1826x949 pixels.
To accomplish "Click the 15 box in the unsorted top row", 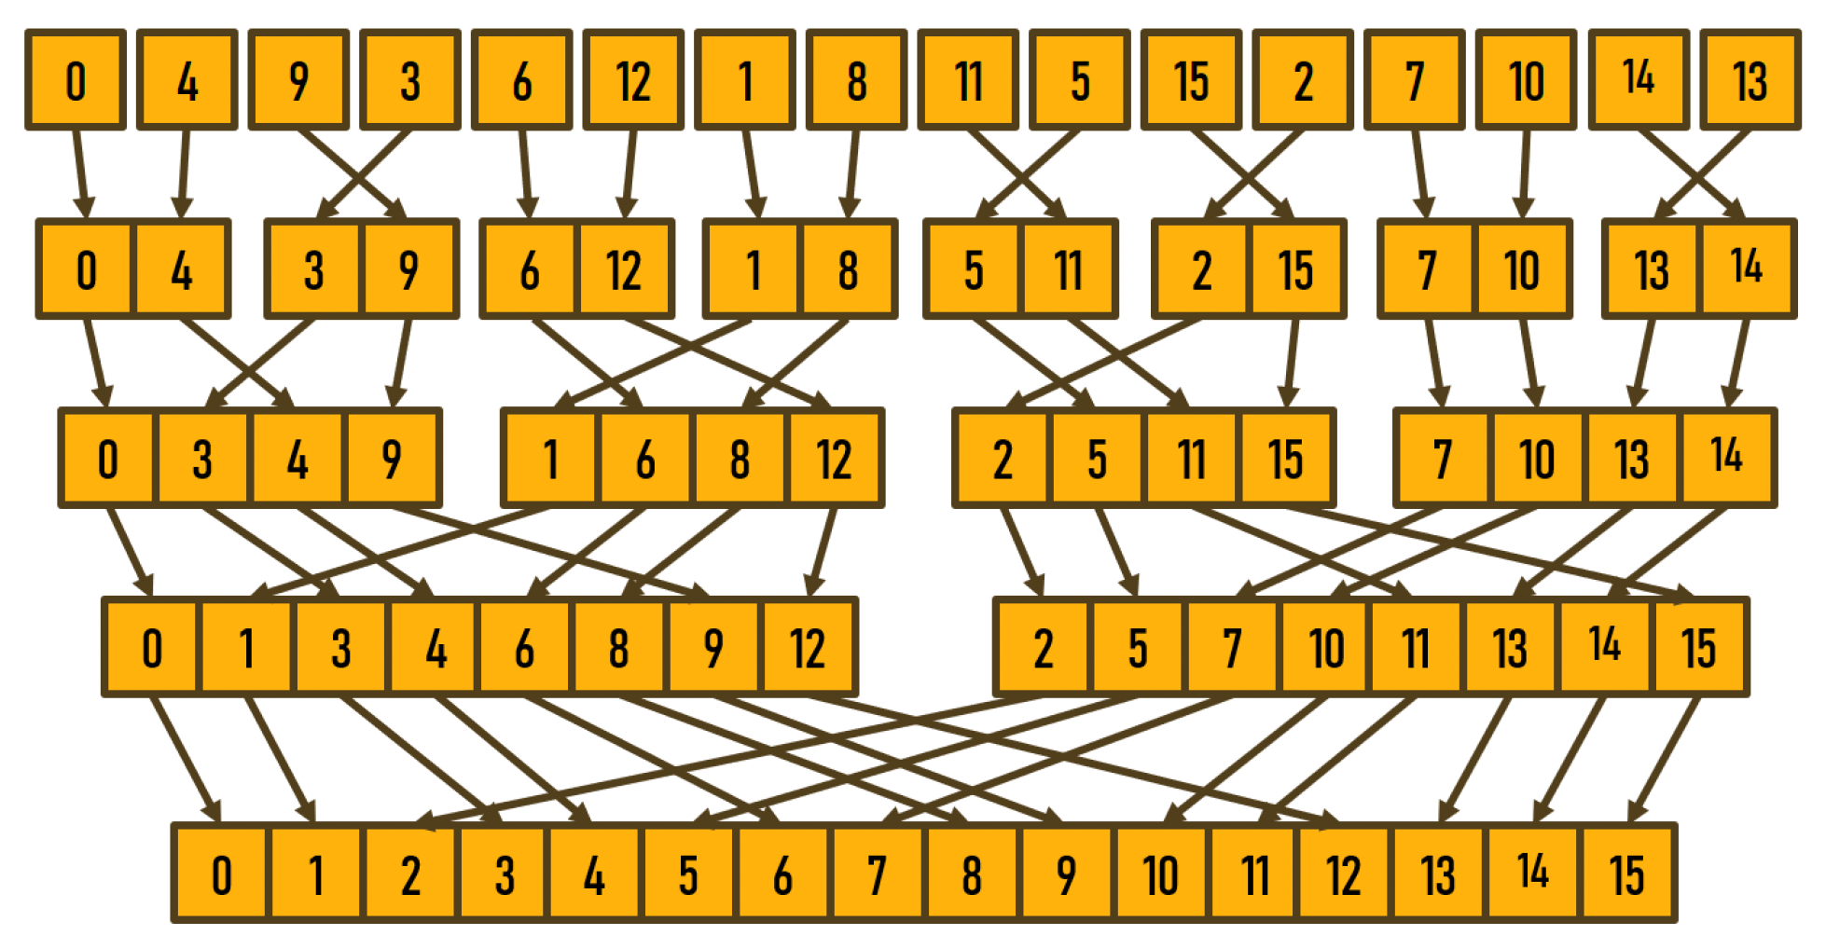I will (1191, 80).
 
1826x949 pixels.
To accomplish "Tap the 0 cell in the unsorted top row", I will (76, 80).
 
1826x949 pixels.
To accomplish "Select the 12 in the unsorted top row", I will (633, 80).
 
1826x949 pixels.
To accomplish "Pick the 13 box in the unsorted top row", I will (1750, 80).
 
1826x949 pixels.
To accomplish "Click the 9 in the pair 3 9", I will (409, 269).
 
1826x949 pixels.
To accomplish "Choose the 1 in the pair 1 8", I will (752, 269).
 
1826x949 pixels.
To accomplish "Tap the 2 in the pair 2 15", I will (1201, 269).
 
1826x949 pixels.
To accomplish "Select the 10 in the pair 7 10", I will (1522, 269).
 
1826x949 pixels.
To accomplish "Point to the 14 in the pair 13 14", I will (1747, 269).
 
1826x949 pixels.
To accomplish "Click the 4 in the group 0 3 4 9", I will (297, 459).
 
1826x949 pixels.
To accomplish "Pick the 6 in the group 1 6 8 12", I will (645, 459).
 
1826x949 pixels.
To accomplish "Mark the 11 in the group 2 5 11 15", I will (1192, 459).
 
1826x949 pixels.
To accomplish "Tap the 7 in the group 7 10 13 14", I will (1443, 459).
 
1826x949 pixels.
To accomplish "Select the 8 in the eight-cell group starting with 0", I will (618, 648).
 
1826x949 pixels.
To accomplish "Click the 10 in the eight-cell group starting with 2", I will (1325, 648).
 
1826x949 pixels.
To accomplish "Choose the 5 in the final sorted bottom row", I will (688, 874).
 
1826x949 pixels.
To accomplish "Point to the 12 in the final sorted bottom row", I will (1344, 874).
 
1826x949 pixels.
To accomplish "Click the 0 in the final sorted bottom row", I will (221, 874).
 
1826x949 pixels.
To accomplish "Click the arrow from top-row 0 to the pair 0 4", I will (81, 172).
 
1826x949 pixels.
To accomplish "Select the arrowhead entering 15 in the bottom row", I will (1637, 811).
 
